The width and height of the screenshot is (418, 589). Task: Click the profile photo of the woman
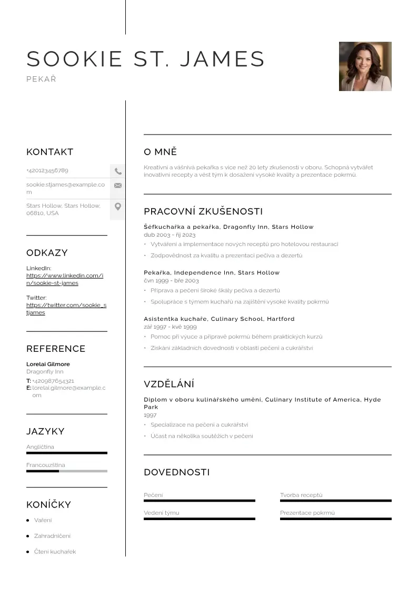click(x=365, y=66)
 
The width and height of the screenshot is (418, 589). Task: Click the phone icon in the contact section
click(x=118, y=171)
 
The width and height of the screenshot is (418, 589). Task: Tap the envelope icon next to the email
click(x=118, y=185)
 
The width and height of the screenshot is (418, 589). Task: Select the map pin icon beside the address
click(x=118, y=207)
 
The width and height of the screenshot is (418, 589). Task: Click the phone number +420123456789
click(x=47, y=170)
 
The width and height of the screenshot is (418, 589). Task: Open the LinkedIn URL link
click(x=65, y=279)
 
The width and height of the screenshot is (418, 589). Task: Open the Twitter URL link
click(x=66, y=309)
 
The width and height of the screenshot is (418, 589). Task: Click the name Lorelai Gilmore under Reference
click(x=48, y=364)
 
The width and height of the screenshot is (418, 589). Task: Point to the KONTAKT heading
click(x=49, y=152)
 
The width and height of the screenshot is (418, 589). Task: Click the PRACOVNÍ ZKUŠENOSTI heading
click(x=203, y=211)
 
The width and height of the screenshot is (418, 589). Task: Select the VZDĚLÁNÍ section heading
click(x=169, y=384)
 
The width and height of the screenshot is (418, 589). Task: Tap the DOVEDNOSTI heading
click(x=176, y=472)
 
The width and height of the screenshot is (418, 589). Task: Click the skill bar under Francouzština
click(x=66, y=471)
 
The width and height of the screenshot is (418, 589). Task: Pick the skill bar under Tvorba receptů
click(x=335, y=501)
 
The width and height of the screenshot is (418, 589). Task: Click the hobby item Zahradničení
click(x=52, y=536)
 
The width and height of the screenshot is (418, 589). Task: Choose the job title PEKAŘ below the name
click(x=41, y=79)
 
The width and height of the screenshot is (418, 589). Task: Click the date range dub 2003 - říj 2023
click(x=170, y=235)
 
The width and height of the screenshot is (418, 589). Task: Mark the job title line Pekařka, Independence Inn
click(x=212, y=272)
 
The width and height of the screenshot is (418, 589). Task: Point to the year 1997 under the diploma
click(x=150, y=415)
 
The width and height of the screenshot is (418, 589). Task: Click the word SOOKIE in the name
click(x=74, y=59)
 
